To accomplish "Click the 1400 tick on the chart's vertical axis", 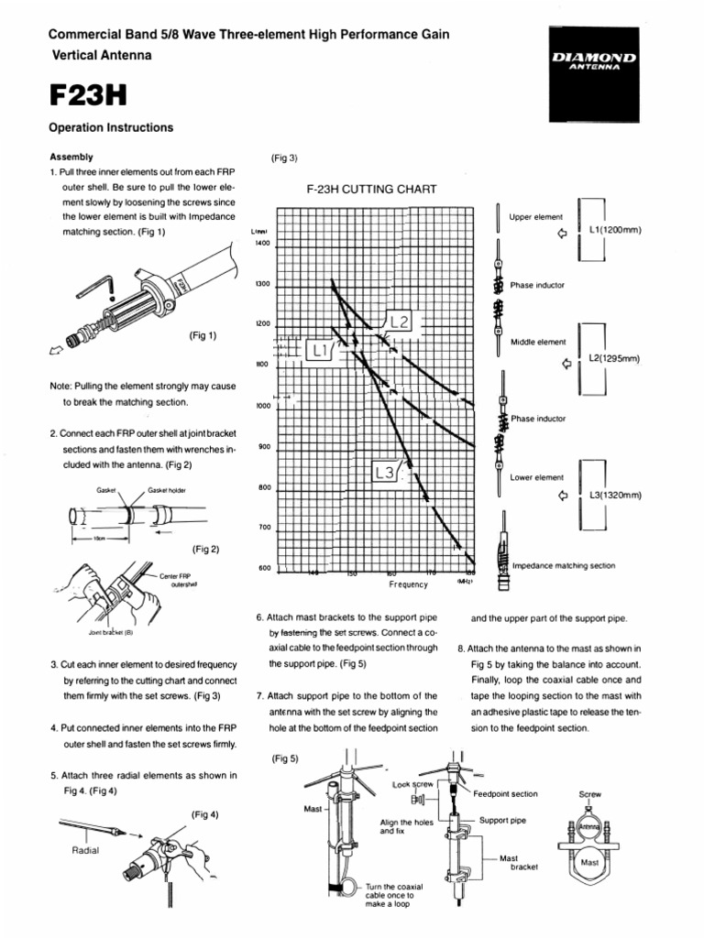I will tap(263, 244).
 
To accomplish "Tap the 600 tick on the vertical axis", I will tap(265, 568).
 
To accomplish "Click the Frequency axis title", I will tap(409, 583).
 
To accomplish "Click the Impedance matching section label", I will tap(564, 566).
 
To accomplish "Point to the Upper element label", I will tap(536, 217).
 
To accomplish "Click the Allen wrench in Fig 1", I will tap(95, 286).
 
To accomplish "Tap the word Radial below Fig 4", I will tap(84, 850).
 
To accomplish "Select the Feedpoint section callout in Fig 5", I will tap(506, 794).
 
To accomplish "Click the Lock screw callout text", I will tap(412, 785).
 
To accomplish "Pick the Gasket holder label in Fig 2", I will tap(167, 490).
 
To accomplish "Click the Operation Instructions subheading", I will tap(111, 128).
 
